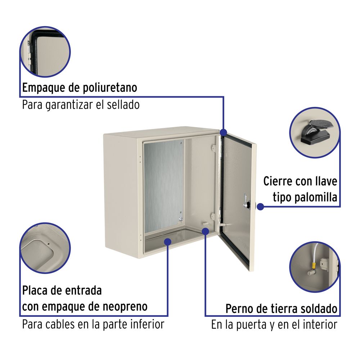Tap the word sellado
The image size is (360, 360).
coord(123,105)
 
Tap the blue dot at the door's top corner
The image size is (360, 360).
coord(224,132)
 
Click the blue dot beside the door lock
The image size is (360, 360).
coord(260,207)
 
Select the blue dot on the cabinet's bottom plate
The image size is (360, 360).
coord(168,242)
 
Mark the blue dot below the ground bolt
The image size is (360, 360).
coord(206,231)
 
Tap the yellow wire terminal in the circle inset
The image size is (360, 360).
coord(313,266)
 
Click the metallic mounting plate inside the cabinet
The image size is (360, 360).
coord(163,186)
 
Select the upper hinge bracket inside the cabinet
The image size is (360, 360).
coord(214,148)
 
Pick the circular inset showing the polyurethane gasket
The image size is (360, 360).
coord(45,51)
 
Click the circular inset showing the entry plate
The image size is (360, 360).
coord(45,248)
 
